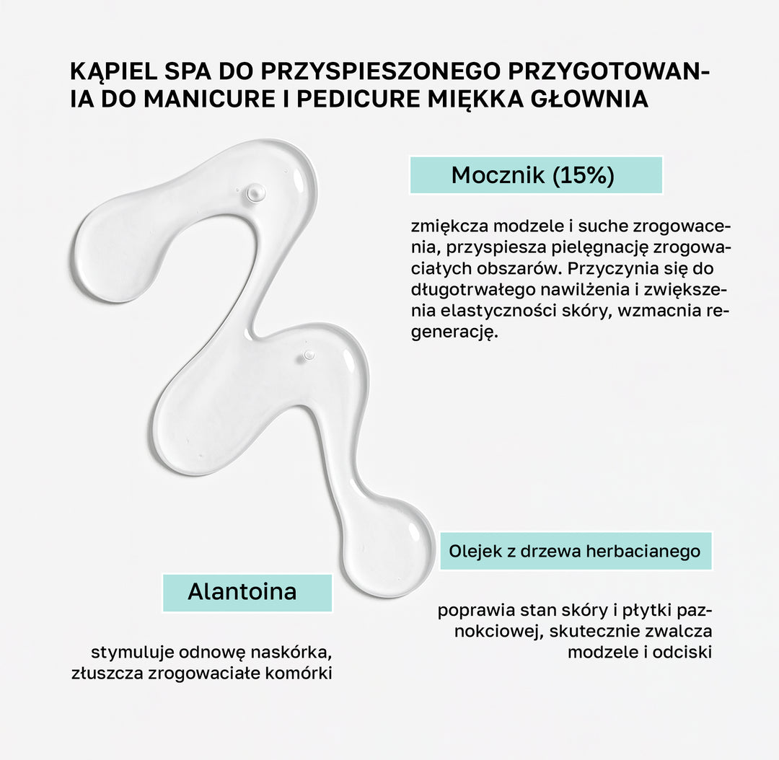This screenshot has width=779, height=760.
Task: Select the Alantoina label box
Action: coord(247,592)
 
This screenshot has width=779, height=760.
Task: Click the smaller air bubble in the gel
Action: coord(309,355)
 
